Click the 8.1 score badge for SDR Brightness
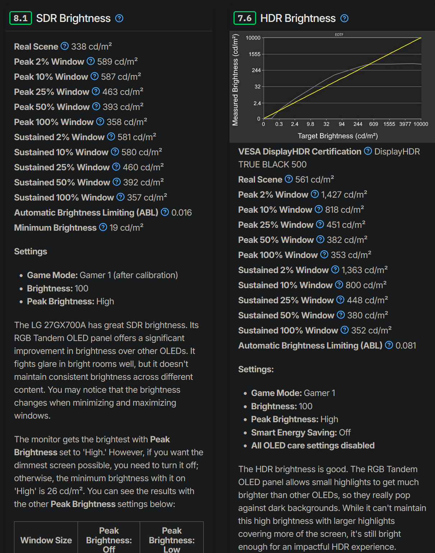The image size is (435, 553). [20, 18]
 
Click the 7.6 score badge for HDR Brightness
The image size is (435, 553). [245, 18]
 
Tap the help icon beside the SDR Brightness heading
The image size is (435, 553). [119, 18]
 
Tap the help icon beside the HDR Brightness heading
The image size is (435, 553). [344, 18]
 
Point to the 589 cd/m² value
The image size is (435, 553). [117, 61]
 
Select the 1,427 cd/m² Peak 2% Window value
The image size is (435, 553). [344, 194]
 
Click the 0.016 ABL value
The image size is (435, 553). [181, 212]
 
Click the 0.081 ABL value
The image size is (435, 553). [406, 345]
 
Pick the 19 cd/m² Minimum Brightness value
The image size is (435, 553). [126, 227]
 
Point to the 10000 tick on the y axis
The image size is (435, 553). [253, 38]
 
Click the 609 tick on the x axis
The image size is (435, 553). [374, 124]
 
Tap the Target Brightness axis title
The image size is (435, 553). [338, 136]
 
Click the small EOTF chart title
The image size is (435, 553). [339, 34]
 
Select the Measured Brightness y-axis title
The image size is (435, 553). [235, 80]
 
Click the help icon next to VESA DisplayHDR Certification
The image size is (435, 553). [368, 151]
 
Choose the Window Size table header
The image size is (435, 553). [46, 540]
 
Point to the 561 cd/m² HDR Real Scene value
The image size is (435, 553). [314, 179]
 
